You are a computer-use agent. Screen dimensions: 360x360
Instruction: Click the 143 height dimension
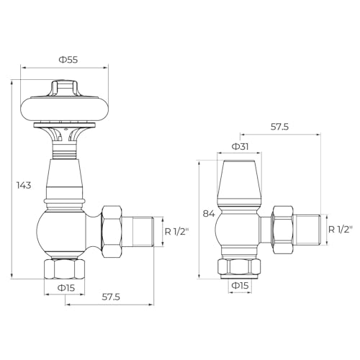coord(24,185)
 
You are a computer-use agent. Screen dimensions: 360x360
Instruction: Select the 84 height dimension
coord(209,214)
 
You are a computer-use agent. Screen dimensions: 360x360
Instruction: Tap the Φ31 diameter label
coord(240,146)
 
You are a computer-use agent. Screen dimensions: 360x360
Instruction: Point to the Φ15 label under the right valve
coord(240,285)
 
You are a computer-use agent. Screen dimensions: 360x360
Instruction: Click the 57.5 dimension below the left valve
coord(111,296)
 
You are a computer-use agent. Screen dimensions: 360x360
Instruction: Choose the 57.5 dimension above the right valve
coord(279,127)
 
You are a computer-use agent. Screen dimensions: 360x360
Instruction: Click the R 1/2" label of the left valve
coord(176,232)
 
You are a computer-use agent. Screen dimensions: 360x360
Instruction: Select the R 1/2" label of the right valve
coord(340,230)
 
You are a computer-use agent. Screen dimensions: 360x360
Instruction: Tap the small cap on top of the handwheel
coord(65,89)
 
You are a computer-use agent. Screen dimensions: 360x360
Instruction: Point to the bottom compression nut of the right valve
coord(240,266)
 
